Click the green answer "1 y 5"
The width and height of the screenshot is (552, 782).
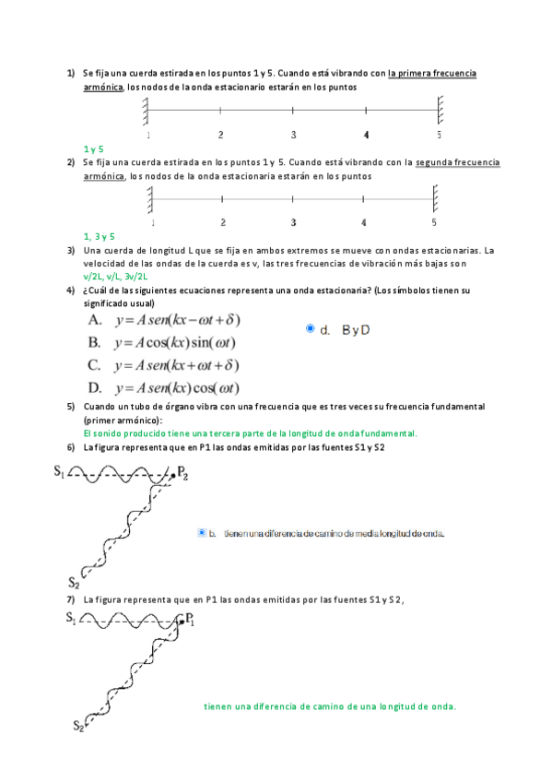[93, 148]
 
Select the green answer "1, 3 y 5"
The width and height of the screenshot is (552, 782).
[99, 237]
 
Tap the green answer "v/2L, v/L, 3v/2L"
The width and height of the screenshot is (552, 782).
[115, 276]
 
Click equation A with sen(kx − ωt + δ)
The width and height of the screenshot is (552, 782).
[164, 320]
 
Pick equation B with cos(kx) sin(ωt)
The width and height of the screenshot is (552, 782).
[162, 343]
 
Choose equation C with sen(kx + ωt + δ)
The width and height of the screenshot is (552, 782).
[164, 365]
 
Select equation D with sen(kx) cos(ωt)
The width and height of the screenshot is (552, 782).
[164, 388]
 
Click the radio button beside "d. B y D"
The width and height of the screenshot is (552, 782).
[311, 328]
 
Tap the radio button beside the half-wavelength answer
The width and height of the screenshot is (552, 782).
[202, 532]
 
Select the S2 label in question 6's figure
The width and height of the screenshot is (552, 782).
[74, 582]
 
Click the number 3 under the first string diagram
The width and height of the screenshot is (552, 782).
[293, 135]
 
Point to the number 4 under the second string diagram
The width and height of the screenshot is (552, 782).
[363, 222]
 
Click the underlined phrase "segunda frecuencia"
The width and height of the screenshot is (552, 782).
[458, 162]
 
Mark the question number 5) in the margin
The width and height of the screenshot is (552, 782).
[71, 407]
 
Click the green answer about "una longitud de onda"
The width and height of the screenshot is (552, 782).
[330, 707]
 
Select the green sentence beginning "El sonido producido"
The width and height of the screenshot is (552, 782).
[250, 432]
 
